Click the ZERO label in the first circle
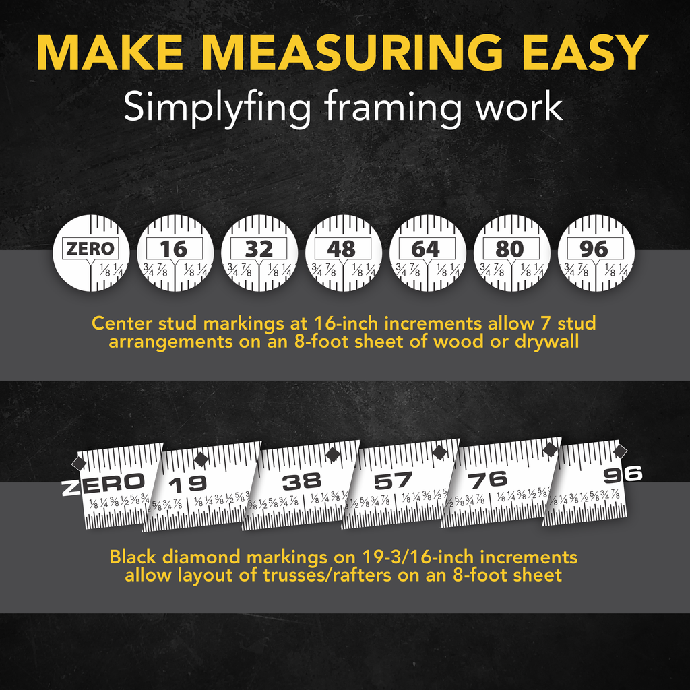[x=90, y=249]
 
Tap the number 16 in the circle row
[x=173, y=249]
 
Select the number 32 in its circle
[x=258, y=249]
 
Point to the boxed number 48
[x=342, y=249]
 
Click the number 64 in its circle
[x=426, y=249]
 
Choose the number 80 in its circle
[x=509, y=249]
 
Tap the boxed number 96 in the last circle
[x=594, y=249]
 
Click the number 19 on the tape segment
[x=188, y=484]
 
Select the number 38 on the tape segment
[x=302, y=482]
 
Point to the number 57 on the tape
[x=393, y=481]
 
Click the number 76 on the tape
[x=488, y=480]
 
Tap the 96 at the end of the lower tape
[x=623, y=474]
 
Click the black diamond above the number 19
[x=201, y=459]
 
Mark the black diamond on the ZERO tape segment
[x=80, y=463]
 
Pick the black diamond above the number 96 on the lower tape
[x=620, y=451]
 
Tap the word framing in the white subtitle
[x=393, y=107]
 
